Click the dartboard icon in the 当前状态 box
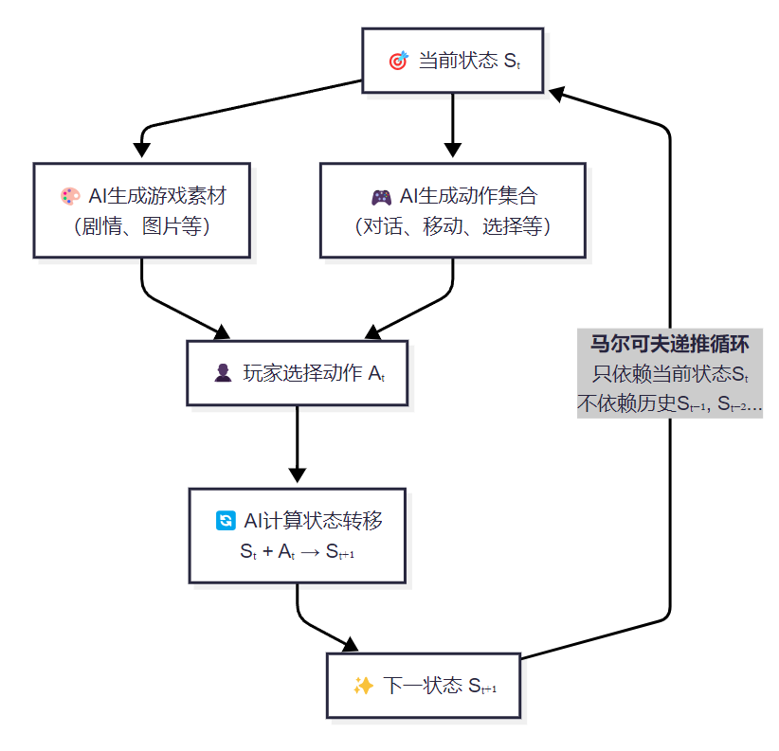point(398,62)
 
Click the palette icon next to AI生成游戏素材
point(70,197)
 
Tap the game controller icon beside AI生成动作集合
point(380,197)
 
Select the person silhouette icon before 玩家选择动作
point(223,373)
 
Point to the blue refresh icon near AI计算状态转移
point(225,521)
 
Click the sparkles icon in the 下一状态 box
point(363,686)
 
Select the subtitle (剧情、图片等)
point(142,227)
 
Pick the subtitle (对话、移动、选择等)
point(453,227)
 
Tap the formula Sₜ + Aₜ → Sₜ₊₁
point(298,552)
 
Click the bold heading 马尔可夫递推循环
point(670,343)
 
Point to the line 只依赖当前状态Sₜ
point(670,373)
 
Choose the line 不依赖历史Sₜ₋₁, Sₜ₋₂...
point(670,403)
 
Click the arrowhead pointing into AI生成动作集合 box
point(453,150)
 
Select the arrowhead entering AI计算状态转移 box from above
point(298,474)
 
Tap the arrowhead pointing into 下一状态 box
point(351,645)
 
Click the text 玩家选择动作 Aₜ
point(314,373)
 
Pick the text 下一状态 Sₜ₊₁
point(440,686)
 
